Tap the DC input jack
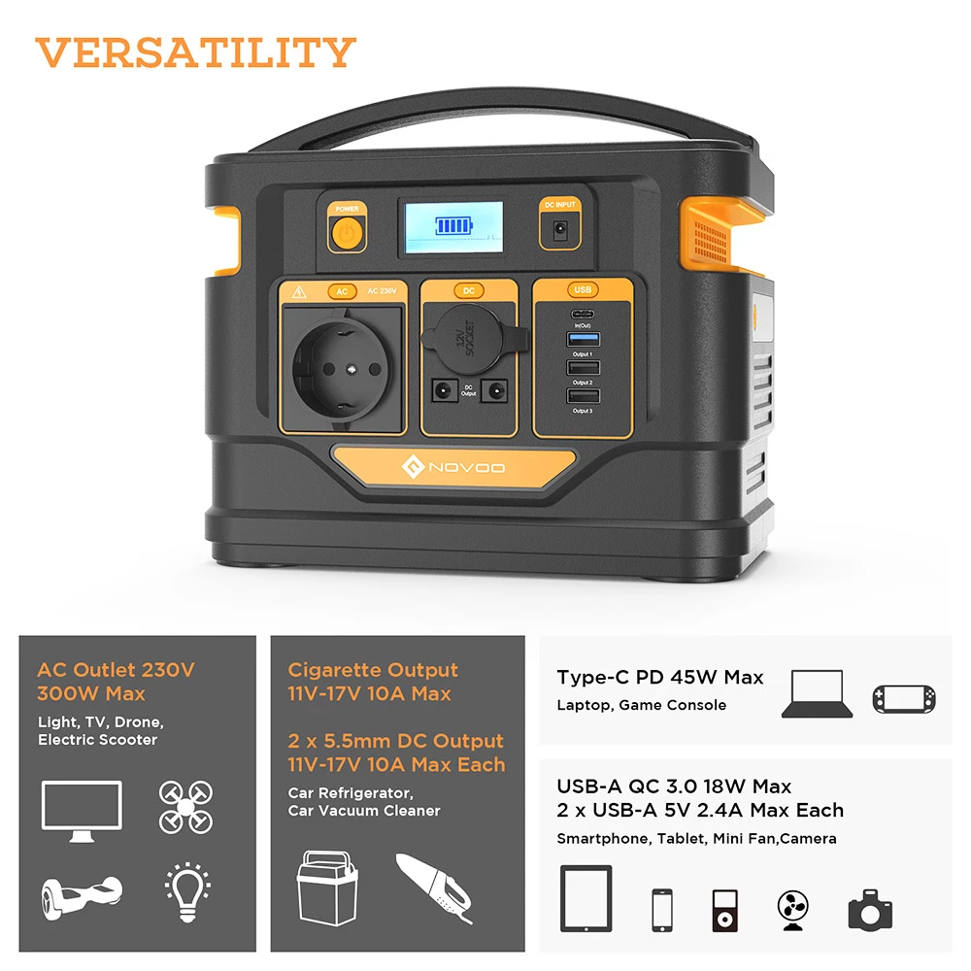click(559, 229)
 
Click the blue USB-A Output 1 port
click(583, 339)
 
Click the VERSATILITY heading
click(196, 51)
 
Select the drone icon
click(185, 806)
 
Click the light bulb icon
click(185, 887)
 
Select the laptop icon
click(819, 693)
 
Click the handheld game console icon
click(905, 696)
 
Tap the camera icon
click(870, 910)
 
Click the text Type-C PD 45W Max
click(660, 677)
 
